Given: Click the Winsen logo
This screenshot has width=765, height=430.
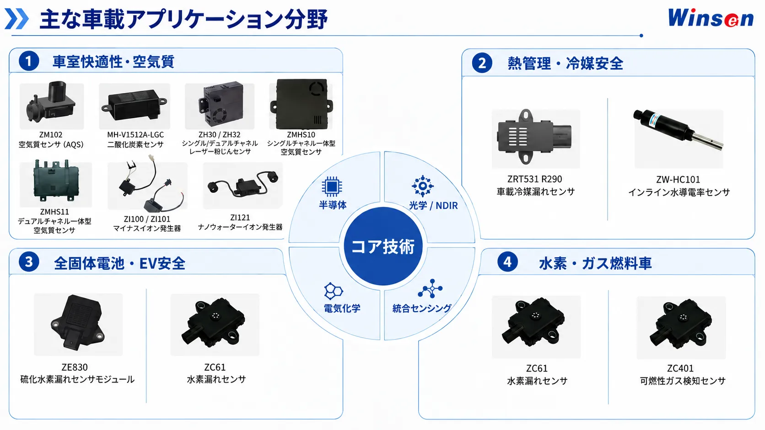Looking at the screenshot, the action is click(x=711, y=18).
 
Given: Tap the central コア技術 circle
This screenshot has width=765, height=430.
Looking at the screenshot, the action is click(x=383, y=246).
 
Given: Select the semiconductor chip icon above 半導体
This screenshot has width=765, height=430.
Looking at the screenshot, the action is click(x=332, y=186).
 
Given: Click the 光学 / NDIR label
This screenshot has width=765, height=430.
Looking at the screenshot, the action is click(x=433, y=205).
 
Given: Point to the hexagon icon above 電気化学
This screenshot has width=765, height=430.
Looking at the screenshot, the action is click(x=334, y=291).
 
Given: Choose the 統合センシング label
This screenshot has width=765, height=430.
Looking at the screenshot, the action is click(x=422, y=308).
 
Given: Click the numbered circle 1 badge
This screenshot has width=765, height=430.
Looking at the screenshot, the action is click(x=29, y=61).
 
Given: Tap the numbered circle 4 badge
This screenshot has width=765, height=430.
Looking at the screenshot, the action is click(x=507, y=262).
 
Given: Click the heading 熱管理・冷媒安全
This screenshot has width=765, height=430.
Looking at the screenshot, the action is click(x=565, y=64).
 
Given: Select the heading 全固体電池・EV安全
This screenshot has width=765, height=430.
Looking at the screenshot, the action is click(x=119, y=263).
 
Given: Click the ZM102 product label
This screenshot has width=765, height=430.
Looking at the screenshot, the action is click(x=51, y=135).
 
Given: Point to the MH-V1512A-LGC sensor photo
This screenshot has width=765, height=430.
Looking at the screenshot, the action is click(x=134, y=106).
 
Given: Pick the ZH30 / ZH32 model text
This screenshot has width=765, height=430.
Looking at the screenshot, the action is click(x=220, y=135).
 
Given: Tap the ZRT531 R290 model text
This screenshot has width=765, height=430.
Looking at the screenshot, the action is click(x=535, y=179).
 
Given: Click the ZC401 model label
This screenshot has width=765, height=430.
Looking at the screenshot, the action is click(x=680, y=368).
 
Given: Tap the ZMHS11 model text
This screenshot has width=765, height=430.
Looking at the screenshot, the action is click(x=54, y=212).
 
